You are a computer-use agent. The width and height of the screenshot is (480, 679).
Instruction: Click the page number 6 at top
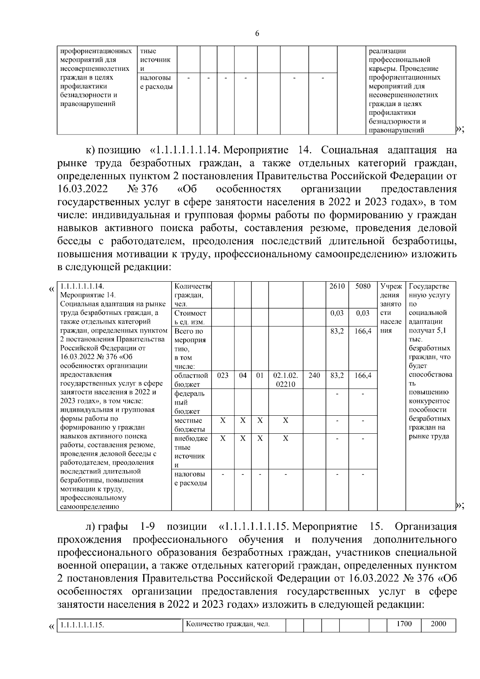[x=257, y=34]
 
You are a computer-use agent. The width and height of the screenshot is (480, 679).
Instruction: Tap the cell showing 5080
[x=363, y=286]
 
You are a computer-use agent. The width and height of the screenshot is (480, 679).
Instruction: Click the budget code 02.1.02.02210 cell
[x=285, y=380]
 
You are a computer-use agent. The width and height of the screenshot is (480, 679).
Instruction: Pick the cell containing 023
[x=223, y=376]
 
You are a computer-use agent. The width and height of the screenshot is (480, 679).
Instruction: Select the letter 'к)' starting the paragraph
[x=90, y=150]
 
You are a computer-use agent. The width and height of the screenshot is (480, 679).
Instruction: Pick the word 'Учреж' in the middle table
[x=391, y=286]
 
